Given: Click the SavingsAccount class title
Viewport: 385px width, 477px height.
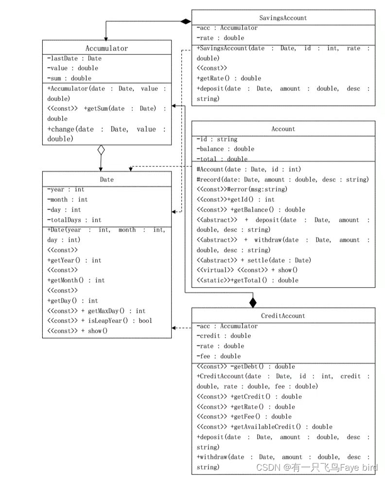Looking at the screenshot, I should coord(283,18).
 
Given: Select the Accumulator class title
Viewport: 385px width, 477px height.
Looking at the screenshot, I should coord(106,48).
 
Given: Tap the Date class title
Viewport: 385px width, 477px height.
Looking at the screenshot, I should coord(106,179).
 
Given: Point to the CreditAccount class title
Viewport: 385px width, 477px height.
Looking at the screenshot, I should coord(283,315).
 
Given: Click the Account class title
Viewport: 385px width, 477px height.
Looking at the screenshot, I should coord(283,129).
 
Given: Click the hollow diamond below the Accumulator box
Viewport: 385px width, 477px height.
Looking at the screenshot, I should coord(101,150).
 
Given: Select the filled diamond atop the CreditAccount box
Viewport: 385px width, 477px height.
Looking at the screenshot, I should coord(253,302).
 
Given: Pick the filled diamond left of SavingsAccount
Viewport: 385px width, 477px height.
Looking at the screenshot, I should coord(185,21).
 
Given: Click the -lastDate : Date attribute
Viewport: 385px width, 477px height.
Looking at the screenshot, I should coord(74,58).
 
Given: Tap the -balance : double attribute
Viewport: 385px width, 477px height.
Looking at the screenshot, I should coord(226,149).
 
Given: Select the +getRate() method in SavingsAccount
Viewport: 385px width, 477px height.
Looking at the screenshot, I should coord(229,78).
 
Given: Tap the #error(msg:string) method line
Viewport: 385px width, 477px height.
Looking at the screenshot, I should coord(242,189).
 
